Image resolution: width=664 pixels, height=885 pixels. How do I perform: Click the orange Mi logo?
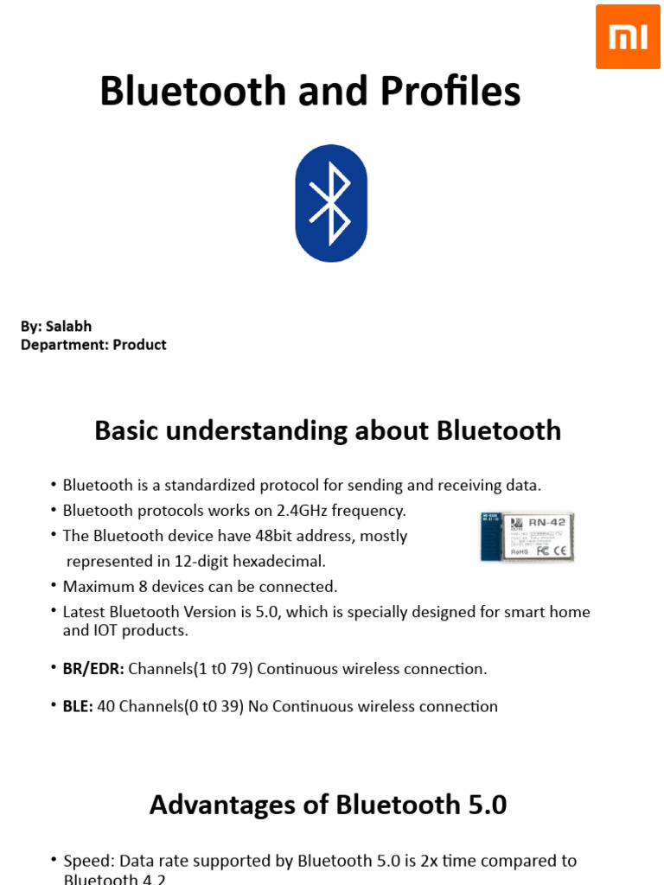coord(629,36)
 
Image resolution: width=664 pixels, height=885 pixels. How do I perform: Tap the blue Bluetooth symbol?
coord(331,204)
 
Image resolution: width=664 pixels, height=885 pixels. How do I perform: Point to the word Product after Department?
coord(139,345)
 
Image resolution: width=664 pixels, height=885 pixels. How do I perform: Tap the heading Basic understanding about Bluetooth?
coord(328,430)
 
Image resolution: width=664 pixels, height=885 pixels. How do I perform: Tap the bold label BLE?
coord(78,707)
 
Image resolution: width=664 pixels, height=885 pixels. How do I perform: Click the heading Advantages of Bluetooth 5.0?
coord(328,805)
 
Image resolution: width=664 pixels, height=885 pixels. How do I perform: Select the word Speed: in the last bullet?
coord(89,861)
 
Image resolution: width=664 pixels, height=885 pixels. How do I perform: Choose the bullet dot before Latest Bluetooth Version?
coord(54,612)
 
